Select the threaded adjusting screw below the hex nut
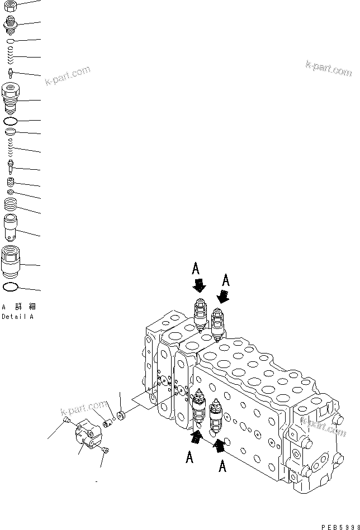click(x=11, y=25)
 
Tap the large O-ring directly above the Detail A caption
click(x=11, y=287)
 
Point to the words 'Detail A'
click(x=17, y=317)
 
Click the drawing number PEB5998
click(x=339, y=526)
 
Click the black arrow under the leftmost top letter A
click(x=198, y=287)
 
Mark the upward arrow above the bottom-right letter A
click(x=219, y=445)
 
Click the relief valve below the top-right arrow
click(x=218, y=326)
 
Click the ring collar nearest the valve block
click(x=121, y=415)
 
